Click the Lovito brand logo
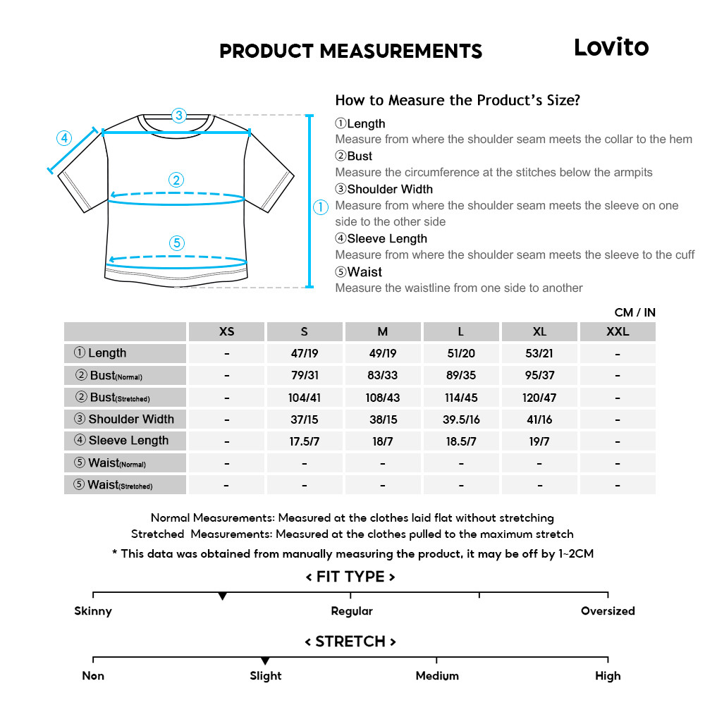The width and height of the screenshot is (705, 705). [611, 47]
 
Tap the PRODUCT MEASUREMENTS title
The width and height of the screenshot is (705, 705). [350, 51]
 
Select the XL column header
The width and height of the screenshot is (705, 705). [539, 331]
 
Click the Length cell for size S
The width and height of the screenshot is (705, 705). [304, 354]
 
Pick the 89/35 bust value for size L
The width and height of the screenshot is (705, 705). [460, 376]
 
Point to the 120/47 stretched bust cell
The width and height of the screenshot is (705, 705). [539, 398]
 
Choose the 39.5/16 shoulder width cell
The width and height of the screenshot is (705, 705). [460, 419]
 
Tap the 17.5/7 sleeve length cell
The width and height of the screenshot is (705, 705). [304, 441]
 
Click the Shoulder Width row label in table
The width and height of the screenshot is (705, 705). [125, 419]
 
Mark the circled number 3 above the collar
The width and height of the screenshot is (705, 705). [179, 115]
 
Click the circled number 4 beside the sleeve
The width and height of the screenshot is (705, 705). [64, 138]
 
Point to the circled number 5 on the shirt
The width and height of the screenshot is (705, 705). [177, 243]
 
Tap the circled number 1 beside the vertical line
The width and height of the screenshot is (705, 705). [321, 207]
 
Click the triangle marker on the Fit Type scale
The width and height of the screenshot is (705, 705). [223, 596]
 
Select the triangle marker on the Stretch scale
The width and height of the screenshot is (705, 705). [265, 661]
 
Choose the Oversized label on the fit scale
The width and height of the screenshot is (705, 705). [608, 611]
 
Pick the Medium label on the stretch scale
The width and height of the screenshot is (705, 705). [437, 676]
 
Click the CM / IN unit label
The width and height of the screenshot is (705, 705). [634, 312]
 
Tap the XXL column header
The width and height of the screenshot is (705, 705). [618, 331]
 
